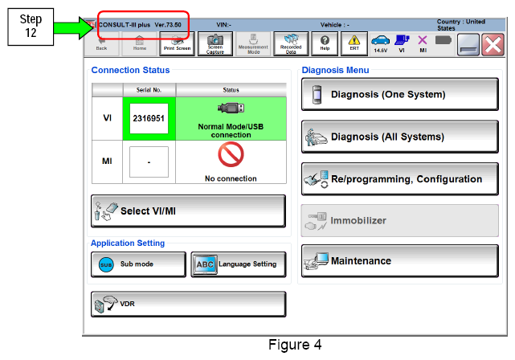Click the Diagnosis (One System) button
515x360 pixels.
point(400,94)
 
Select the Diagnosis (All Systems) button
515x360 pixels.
point(400,137)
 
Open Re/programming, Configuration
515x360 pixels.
point(400,179)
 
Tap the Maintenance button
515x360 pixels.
point(400,261)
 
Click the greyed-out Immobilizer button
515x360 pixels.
point(400,220)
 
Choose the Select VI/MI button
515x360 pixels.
point(188,211)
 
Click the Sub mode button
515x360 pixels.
point(138,264)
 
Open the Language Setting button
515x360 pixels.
point(239,264)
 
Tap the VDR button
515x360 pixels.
point(188,305)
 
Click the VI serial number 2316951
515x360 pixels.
point(149,118)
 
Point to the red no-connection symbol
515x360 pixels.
point(231,154)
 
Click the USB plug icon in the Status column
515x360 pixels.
point(231,108)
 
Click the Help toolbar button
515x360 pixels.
point(325,43)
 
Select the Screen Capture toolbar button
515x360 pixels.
point(215,43)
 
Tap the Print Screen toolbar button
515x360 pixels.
point(177,43)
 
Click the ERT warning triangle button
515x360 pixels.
point(354,43)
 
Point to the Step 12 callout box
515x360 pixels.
point(31,27)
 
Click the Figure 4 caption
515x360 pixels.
point(295,345)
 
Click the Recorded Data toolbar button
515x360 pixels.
point(291,43)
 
